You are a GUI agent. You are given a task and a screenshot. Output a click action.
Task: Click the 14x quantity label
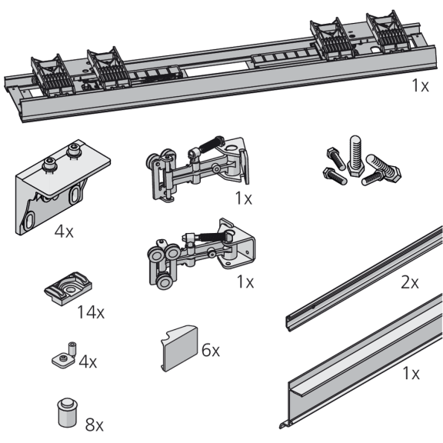coord(91,312)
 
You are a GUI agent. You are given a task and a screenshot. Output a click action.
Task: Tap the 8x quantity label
coord(95,425)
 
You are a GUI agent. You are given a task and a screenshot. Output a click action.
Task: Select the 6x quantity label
coord(211,351)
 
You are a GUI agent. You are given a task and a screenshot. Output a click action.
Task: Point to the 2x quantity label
coord(410,282)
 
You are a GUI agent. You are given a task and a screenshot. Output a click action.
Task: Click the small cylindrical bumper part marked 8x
coord(67,412)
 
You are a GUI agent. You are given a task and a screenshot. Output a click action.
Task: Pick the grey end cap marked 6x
coord(179,348)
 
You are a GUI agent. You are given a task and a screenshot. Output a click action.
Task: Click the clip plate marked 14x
coord(68,288)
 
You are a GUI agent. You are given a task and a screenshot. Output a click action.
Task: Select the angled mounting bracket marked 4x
coord(62,186)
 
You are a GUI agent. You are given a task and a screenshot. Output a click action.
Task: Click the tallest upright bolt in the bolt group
coord(355,156)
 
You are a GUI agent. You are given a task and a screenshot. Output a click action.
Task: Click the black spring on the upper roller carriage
coord(212,143)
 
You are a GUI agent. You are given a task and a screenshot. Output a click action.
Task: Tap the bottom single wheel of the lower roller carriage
coord(164,281)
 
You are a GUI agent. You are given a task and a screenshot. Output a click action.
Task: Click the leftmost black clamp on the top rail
coord(53,74)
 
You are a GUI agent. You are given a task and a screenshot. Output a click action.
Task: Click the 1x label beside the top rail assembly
coord(420,85)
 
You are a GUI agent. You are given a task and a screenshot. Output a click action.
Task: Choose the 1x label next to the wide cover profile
coord(411,373)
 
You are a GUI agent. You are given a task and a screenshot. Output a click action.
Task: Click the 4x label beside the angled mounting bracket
coord(64,231)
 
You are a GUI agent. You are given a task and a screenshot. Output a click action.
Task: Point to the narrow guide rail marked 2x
coord(365,278)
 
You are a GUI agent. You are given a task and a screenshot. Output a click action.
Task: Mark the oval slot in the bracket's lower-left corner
coord(29,221)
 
